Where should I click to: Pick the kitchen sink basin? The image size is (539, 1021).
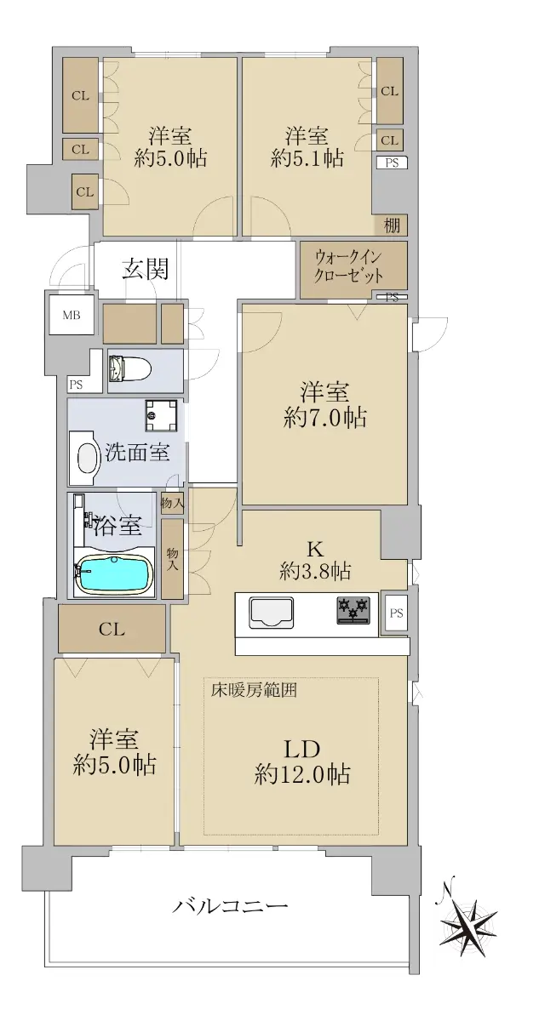click(271, 613)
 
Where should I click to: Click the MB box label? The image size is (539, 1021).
click(72, 315)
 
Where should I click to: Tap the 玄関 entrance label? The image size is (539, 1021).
click(146, 269)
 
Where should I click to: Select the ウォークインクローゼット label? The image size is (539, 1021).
click(348, 267)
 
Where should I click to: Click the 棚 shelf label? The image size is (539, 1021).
click(391, 225)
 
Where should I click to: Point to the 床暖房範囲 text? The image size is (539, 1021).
click(254, 691)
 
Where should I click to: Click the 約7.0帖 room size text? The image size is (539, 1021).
click(324, 418)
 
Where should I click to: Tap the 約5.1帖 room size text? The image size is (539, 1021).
click(307, 158)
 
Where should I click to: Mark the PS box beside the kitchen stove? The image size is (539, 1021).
click(396, 613)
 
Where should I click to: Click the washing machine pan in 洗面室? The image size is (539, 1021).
click(161, 416)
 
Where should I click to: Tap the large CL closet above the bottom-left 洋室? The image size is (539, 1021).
click(112, 629)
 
